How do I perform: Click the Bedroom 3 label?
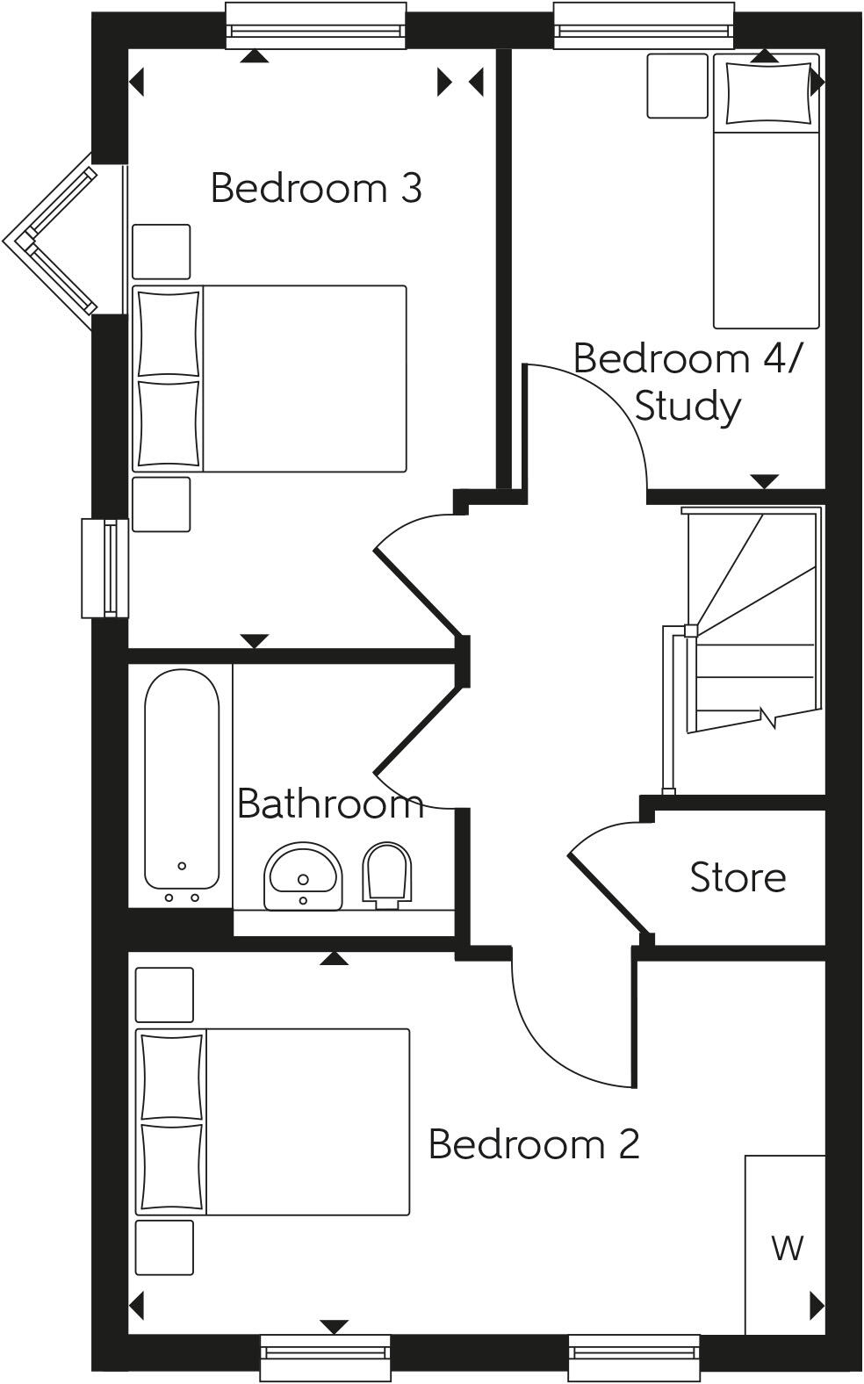316,188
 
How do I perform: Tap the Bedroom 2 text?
533,1144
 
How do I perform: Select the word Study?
688,407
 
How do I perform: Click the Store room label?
738,877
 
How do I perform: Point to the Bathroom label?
330,804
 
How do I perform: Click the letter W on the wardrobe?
787,1247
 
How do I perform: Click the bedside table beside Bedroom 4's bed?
677,85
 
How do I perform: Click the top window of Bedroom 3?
316,25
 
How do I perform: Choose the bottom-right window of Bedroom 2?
634,1358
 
